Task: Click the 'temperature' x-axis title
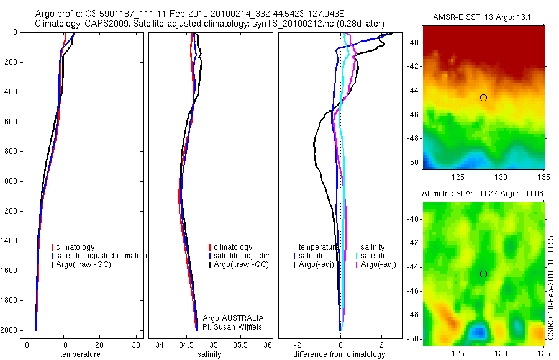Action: (x=80, y=354)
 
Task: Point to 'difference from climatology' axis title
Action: (x=339, y=354)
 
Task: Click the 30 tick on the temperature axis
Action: (x=136, y=344)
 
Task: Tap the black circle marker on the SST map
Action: (x=483, y=97)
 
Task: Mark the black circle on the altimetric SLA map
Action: (x=483, y=274)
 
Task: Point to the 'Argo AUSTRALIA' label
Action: (x=229, y=318)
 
